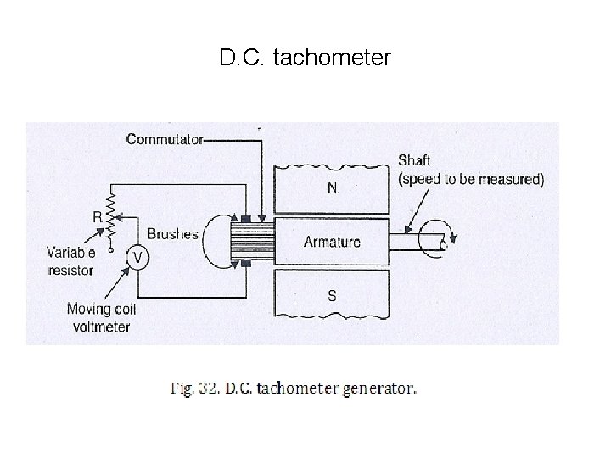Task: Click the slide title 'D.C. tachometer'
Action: pos(305,59)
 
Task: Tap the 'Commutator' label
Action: pos(164,140)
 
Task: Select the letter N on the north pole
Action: pos(332,187)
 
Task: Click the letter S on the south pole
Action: pos(332,296)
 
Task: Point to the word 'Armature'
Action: pos(332,242)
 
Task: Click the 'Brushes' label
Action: pos(172,234)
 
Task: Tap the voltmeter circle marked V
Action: pos(134,255)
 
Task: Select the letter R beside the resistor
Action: pos(98,217)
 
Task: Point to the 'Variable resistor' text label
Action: pos(70,260)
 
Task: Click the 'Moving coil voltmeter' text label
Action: pos(101,318)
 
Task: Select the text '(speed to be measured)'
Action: pos(471,179)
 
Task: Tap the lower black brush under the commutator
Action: pos(246,264)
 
